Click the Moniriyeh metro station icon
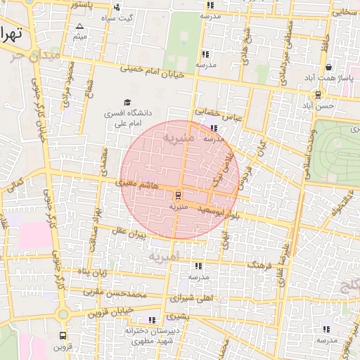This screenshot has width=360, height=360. pyautogui.click(x=177, y=195)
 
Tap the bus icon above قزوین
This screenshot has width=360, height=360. pyautogui.click(x=64, y=336)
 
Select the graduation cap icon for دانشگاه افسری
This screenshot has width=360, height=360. pyautogui.click(x=127, y=102)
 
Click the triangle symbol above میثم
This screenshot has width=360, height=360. pyautogui.click(x=79, y=26)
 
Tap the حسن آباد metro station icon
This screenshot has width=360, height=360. pyautogui.click(x=319, y=94)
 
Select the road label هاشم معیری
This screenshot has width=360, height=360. pyautogui.click(x=134, y=184)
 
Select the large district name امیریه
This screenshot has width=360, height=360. pyautogui.click(x=166, y=255)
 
